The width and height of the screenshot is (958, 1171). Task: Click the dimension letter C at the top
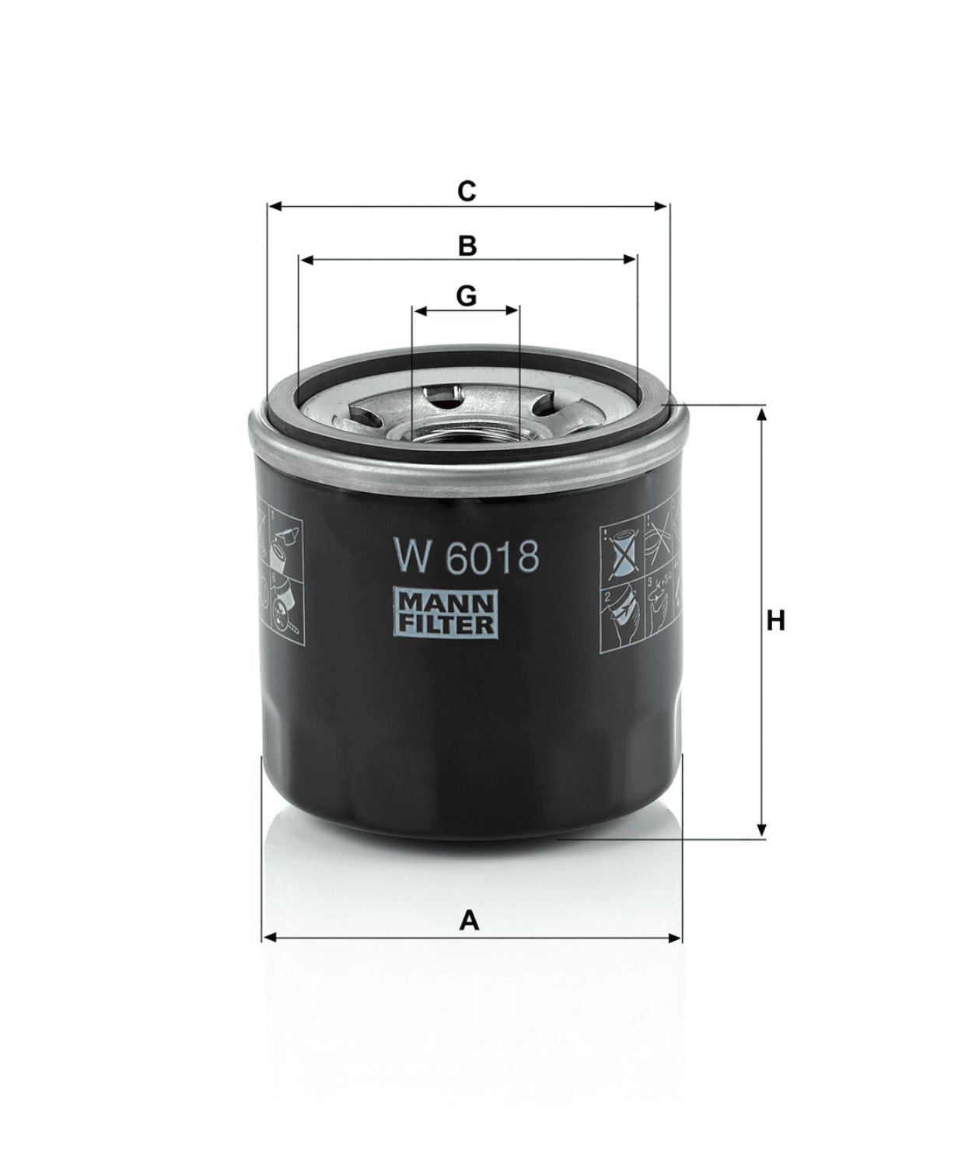[466, 191]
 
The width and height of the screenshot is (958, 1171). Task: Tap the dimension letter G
[466, 296]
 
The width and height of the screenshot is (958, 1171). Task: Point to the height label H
[775, 621]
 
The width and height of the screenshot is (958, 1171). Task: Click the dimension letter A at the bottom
[469, 921]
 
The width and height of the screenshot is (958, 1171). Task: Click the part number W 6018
[466, 558]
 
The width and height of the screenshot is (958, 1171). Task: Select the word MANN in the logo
[446, 603]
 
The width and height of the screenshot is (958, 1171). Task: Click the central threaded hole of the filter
[465, 436]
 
